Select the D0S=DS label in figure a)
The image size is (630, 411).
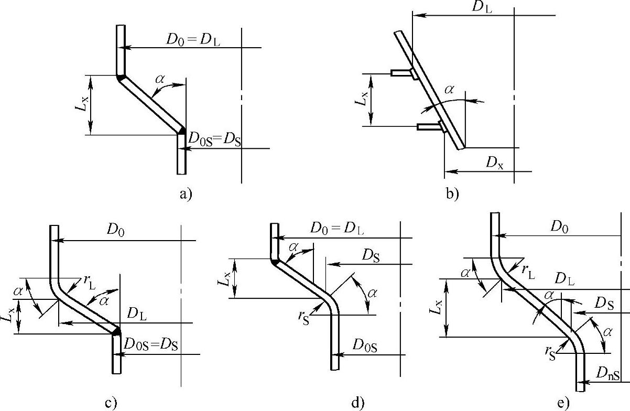214,140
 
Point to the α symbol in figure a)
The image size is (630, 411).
160,79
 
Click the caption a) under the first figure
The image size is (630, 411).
186,194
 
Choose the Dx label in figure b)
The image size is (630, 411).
494,163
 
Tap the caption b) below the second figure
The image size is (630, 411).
452,194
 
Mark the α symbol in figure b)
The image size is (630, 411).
449,90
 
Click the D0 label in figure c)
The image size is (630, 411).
117,229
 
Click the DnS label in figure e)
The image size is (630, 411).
608,374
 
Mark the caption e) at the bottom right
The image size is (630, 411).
563,403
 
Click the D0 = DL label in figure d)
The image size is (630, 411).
337,229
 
